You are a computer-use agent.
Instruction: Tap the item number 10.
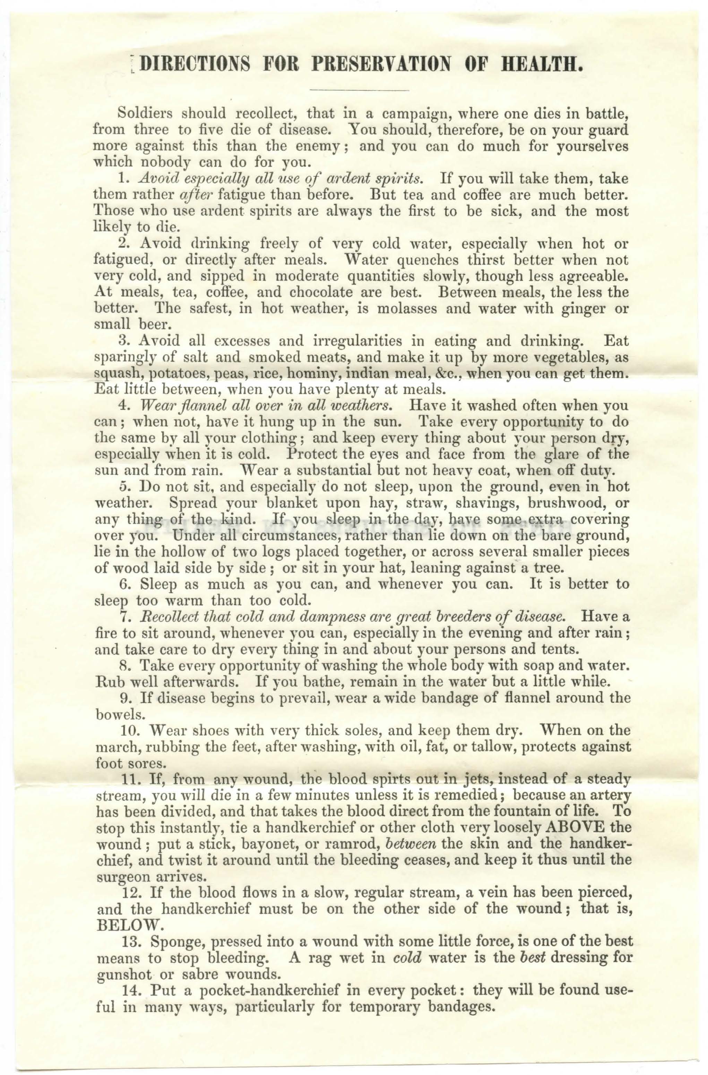click(130, 730)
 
